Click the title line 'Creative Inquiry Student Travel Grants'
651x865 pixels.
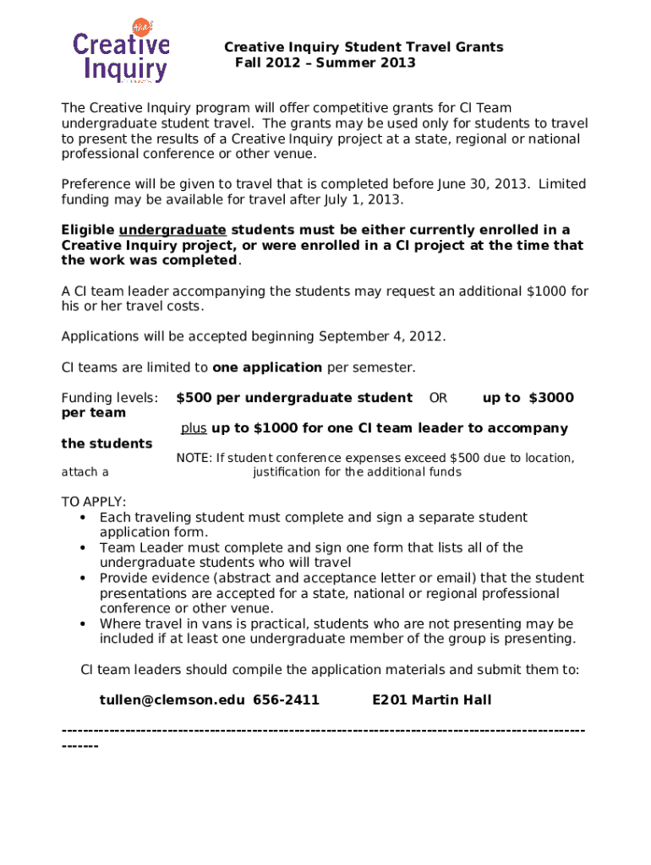(364, 47)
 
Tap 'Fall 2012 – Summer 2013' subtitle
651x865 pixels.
(325, 63)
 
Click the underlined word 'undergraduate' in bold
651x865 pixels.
(172, 230)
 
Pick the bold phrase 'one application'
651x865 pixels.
(267, 367)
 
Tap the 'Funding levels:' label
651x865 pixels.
(109, 398)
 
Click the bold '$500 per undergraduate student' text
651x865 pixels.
(294, 398)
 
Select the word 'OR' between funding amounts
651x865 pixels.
(438, 398)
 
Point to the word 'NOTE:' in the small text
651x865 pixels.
(194, 459)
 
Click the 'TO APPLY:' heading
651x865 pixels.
(94, 502)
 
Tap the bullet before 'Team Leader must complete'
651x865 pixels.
(82, 548)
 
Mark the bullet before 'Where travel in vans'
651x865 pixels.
(82, 624)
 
